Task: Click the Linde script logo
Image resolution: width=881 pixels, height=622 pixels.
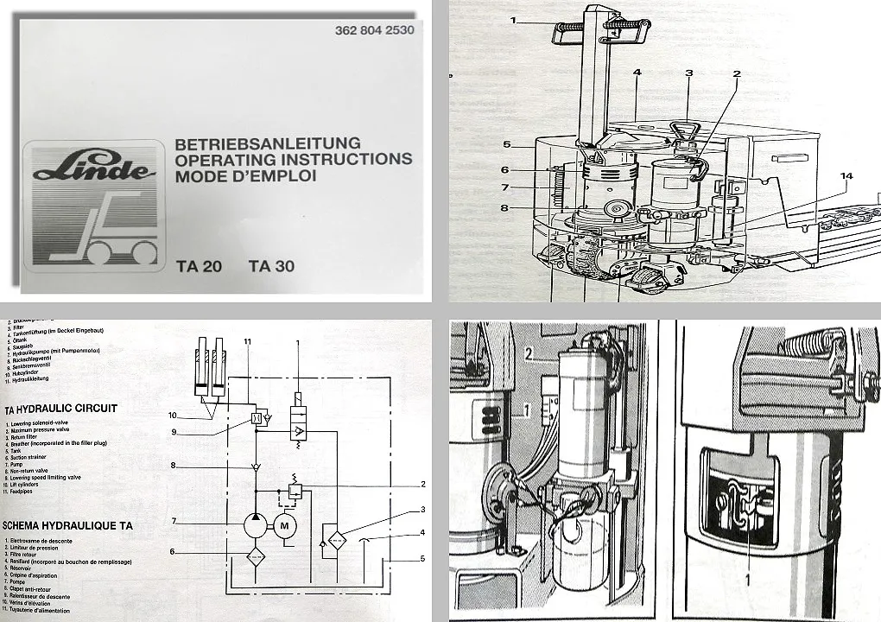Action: coord(94,168)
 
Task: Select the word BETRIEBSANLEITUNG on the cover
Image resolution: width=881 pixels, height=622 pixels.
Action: coord(268,144)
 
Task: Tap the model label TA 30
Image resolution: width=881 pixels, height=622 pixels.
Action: coord(271,266)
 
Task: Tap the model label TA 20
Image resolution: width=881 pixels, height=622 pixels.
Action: coord(199,266)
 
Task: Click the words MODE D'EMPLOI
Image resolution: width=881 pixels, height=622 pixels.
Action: coord(245,175)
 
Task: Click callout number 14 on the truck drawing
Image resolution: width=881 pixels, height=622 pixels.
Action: coord(846,176)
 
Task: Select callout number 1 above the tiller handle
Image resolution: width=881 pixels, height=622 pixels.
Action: coord(513,20)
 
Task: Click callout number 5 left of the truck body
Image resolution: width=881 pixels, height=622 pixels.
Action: coord(508,144)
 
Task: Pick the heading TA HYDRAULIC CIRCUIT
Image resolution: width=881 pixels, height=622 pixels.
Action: coord(60,408)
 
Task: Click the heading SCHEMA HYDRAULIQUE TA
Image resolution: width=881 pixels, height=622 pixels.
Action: coord(67,525)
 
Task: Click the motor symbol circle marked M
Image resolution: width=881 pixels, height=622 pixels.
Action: coord(284,524)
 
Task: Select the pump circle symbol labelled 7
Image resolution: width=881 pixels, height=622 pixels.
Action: coord(255,523)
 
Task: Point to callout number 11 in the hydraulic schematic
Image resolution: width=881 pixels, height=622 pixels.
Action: coord(247,342)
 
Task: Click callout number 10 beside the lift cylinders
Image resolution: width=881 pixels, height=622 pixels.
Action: coord(172,416)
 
